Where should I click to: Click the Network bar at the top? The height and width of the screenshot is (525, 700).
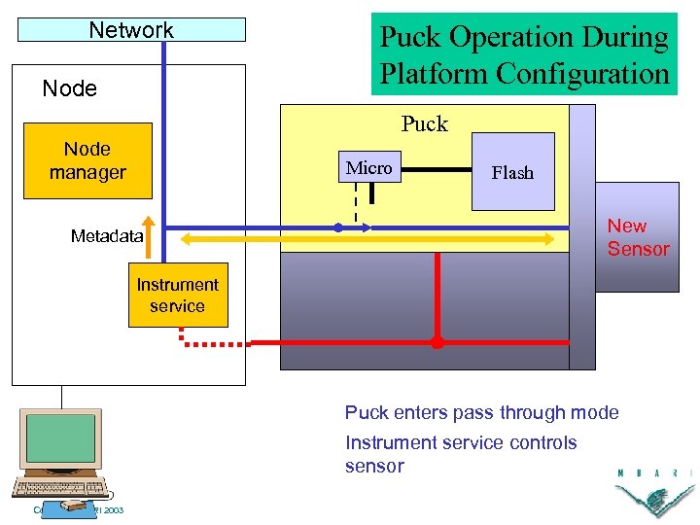[x=131, y=30]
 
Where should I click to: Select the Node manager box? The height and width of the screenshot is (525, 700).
[x=87, y=160]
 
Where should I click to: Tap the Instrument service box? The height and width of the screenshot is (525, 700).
[x=178, y=295]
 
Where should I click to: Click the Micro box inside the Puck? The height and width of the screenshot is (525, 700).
[x=369, y=168]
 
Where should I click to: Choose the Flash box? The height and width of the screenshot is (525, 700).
[x=512, y=172]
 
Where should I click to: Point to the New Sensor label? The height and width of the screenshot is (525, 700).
[x=638, y=237]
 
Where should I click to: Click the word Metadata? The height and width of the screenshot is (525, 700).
[x=106, y=236]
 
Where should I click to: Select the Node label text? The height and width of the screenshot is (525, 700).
[x=70, y=88]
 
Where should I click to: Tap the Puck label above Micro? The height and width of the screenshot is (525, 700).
[x=425, y=123]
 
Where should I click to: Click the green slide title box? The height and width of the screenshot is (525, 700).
[x=524, y=54]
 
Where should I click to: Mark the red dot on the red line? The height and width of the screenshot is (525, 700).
[x=437, y=342]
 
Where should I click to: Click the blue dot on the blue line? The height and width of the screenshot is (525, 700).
[x=338, y=227]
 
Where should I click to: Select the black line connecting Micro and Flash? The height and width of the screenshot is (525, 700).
[x=434, y=169]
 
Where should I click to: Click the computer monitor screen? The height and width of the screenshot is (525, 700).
[x=60, y=438]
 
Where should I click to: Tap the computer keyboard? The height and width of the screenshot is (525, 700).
[x=60, y=489]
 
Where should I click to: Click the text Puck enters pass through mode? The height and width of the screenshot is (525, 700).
[x=481, y=412]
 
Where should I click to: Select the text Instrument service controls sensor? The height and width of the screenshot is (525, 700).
[x=461, y=454]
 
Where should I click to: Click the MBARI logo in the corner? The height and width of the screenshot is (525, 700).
[x=653, y=491]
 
